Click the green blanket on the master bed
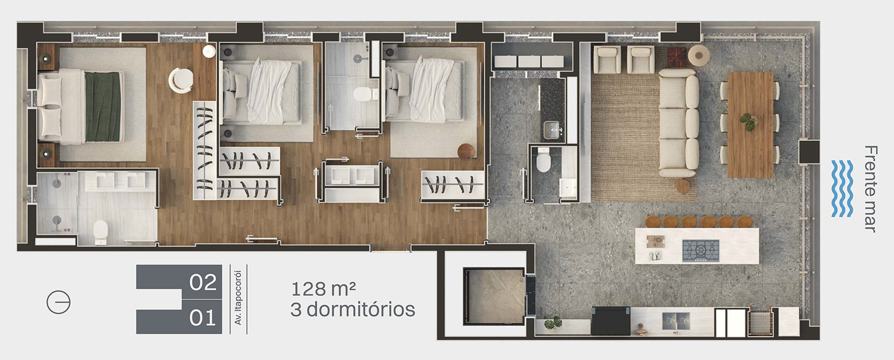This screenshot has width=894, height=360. [103, 107]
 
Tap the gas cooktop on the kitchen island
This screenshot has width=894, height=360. [700, 250]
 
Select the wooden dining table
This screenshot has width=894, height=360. [750, 125]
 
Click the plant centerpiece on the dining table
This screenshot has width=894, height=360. [748, 122]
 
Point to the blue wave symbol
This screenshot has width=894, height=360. [842, 188]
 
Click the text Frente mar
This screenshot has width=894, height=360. [871, 188]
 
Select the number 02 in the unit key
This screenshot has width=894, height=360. [203, 282]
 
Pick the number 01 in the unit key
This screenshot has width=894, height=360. [203, 318]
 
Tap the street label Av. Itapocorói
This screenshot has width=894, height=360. [238, 298]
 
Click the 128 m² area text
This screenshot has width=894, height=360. [323, 289]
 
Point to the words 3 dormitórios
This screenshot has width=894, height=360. [353, 309]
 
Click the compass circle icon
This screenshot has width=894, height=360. [58, 302]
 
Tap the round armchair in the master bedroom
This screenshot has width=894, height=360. [181, 80]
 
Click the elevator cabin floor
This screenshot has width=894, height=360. [494, 296]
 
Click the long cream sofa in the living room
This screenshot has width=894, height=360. [678, 122]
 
